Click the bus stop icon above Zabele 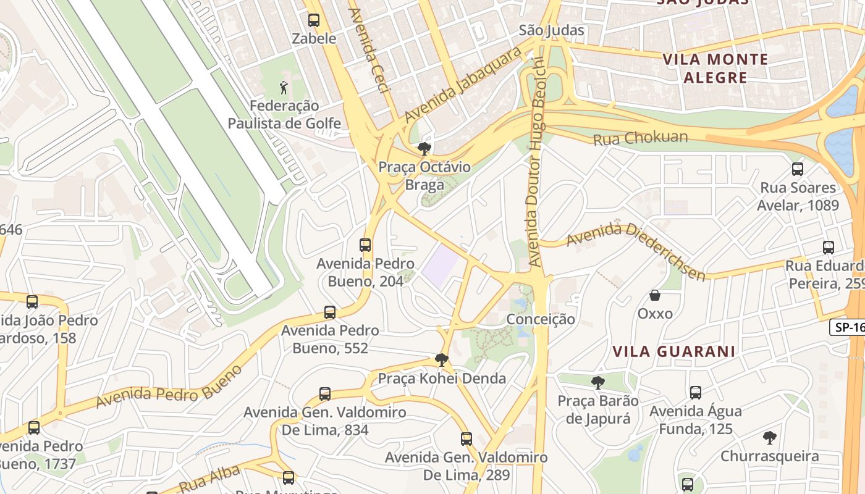314,20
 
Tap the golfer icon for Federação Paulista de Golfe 284,88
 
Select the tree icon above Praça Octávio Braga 424,148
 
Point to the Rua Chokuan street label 640,138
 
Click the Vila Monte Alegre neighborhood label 715,69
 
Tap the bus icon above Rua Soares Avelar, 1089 798,169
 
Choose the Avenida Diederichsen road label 636,249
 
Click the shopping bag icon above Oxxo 655,296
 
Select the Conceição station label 541,319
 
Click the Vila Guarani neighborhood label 673,351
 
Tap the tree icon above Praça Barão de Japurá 597,383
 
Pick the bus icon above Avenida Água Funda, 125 696,392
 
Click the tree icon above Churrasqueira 769,438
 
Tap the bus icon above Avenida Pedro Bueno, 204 365,245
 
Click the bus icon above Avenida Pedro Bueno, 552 330,312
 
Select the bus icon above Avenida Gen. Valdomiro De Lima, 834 325,393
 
